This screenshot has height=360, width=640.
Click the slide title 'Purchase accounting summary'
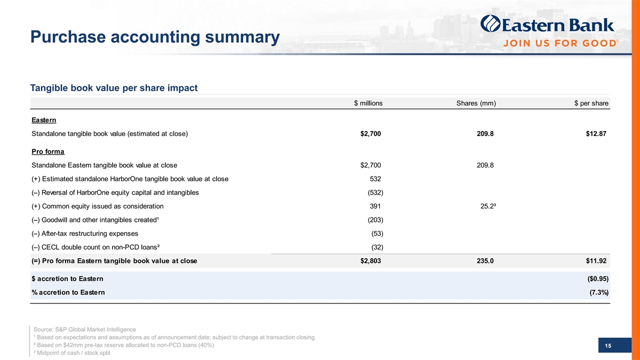pyautogui.click(x=155, y=38)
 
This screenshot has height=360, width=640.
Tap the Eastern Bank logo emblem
pyautogui.click(x=490, y=25)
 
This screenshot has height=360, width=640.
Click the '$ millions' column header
pyautogui.click(x=368, y=103)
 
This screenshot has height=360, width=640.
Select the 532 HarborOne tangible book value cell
pyautogui.click(x=375, y=178)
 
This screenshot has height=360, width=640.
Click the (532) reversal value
pyautogui.click(x=375, y=192)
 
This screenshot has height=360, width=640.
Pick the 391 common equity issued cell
pyautogui.click(x=375, y=206)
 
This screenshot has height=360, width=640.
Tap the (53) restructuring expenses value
pyautogui.click(x=377, y=234)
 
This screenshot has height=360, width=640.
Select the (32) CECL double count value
pyautogui.click(x=377, y=247)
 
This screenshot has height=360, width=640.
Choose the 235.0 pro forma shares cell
pyautogui.click(x=485, y=261)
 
